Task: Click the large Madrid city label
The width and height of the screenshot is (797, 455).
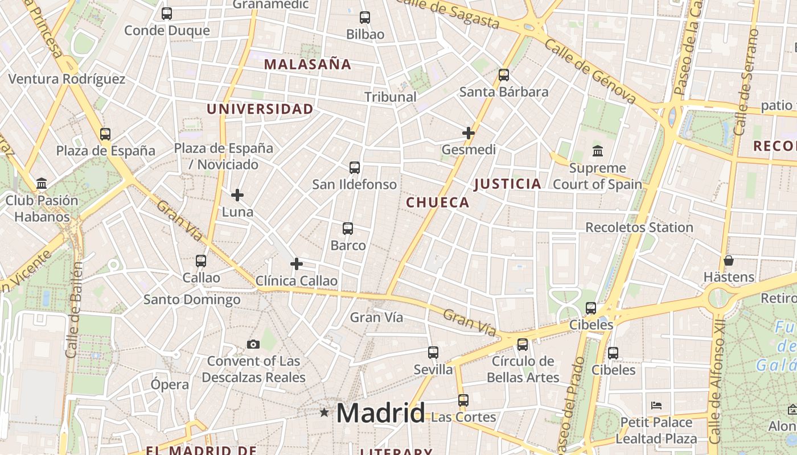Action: (380, 413)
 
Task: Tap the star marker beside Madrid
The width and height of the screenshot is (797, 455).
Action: (324, 412)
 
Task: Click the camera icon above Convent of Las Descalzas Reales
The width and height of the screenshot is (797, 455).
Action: (253, 344)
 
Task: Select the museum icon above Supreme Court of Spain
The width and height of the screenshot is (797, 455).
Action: (598, 151)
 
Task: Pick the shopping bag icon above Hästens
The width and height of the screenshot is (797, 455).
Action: (729, 261)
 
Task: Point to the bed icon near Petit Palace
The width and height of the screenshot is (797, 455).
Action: (656, 406)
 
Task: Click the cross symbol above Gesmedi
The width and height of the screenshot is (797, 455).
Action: (469, 133)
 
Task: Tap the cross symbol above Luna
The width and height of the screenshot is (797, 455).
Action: (237, 195)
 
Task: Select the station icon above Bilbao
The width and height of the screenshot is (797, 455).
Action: (365, 18)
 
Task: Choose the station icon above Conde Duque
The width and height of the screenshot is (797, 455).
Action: (167, 14)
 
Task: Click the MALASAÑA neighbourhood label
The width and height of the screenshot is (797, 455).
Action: (308, 64)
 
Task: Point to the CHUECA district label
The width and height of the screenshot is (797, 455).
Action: (437, 202)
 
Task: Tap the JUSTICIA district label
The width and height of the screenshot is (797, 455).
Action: (507, 184)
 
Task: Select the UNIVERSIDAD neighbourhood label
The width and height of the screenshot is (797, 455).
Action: (260, 109)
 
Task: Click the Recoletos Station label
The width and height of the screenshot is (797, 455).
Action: (639, 227)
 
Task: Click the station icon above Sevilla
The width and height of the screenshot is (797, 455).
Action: (433, 353)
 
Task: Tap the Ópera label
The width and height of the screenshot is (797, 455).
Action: (170, 384)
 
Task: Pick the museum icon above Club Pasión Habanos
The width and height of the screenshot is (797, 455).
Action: (42, 184)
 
